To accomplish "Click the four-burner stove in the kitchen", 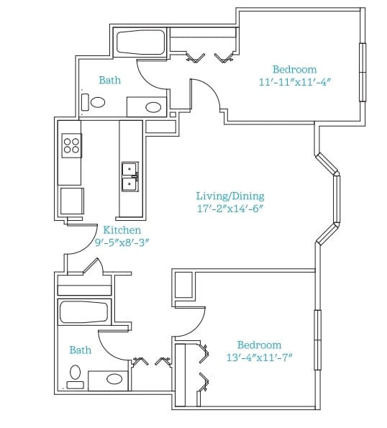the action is click(x=71, y=145).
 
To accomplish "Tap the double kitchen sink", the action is click(x=130, y=177).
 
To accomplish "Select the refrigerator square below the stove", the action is click(x=72, y=201).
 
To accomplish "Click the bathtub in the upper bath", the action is click(x=141, y=42).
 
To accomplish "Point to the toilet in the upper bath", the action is click(x=94, y=102).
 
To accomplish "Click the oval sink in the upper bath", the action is click(x=153, y=107).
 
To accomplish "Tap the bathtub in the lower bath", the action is click(x=83, y=311).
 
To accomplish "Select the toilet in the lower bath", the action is click(x=76, y=377).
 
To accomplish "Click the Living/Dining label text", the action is click(x=230, y=196).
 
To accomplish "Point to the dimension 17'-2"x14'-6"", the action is click(x=230, y=209).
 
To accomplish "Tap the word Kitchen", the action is click(x=122, y=230).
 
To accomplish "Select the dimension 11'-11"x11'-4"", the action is click(x=295, y=82).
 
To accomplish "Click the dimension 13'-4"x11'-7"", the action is click(x=259, y=358).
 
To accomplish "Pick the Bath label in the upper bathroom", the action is click(x=110, y=80).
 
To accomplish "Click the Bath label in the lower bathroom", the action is click(x=81, y=350).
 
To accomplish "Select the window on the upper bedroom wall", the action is click(x=363, y=73).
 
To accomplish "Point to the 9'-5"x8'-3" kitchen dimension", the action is click(x=122, y=242).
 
